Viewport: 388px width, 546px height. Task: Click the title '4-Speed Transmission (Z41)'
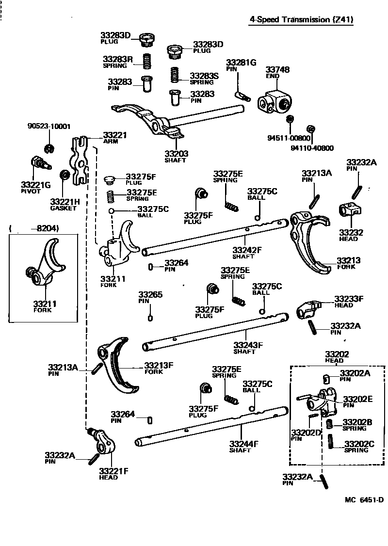(x=301, y=20)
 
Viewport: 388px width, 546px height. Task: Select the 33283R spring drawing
(x=145, y=62)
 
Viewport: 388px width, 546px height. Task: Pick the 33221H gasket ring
(x=63, y=175)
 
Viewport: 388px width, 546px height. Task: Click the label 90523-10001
(x=48, y=127)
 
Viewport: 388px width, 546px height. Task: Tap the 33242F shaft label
(x=247, y=250)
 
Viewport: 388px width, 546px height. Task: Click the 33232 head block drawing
(x=351, y=210)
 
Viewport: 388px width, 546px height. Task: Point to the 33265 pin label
(x=150, y=295)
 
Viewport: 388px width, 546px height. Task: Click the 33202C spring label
(x=360, y=443)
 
